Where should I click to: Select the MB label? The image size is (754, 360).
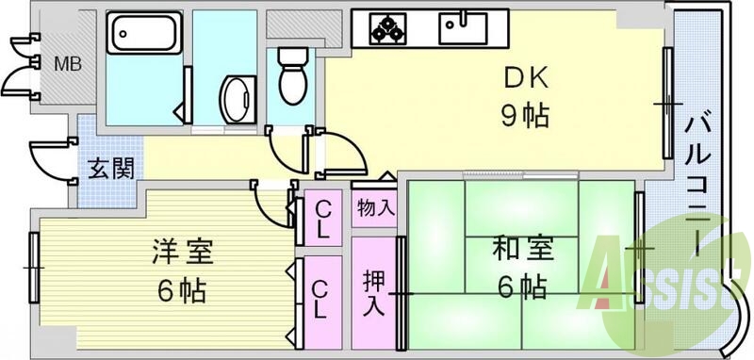pyautogui.click(x=66, y=64)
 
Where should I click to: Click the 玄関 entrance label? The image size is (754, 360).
pyautogui.click(x=110, y=170)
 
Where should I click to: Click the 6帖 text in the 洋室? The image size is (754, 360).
pyautogui.click(x=183, y=287)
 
